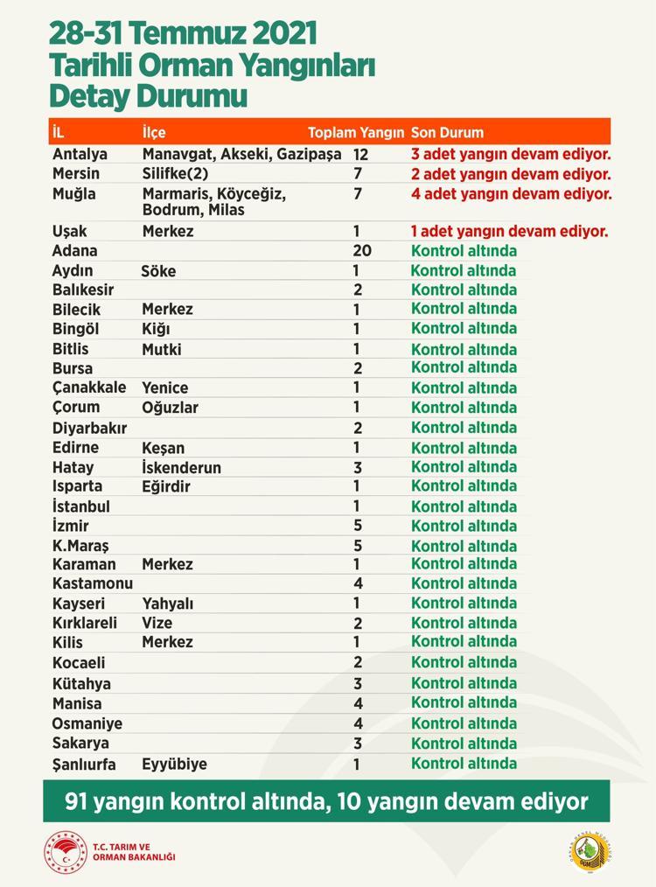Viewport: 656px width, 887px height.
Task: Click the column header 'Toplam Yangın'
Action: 355,133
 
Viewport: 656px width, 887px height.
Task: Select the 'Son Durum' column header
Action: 447,133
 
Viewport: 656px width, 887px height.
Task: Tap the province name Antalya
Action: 80,154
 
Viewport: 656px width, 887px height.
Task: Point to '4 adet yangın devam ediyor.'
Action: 512,193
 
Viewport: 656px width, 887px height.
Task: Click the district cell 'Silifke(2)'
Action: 175,173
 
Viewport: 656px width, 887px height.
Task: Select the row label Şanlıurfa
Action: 87,764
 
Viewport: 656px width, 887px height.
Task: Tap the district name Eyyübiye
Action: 174,764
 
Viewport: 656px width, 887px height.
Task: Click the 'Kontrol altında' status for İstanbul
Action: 464,506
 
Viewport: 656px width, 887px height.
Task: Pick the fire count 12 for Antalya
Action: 362,154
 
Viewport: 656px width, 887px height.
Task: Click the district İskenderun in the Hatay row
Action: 181,467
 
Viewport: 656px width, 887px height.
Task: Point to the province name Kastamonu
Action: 92,583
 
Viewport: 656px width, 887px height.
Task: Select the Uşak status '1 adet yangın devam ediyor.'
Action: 509,232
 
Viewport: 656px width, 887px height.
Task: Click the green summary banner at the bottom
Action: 327,800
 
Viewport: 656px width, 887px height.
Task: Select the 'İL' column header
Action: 59,133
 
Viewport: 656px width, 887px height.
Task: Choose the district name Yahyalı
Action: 167,604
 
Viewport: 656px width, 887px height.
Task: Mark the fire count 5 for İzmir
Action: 357,526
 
